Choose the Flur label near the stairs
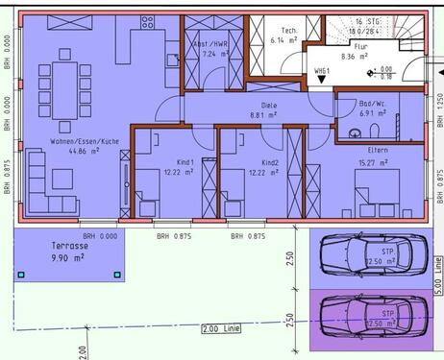coord(361,45)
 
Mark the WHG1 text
coord(323,71)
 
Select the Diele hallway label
coord(269,106)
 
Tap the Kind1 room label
coord(186,162)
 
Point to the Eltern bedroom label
coord(377,149)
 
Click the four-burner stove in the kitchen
coord(150,22)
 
